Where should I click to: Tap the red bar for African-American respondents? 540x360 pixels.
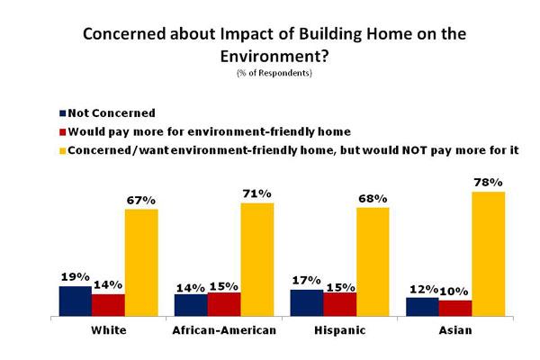(x=223, y=304)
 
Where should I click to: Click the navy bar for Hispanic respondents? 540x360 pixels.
(x=307, y=303)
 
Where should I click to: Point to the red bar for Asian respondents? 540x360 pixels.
(x=454, y=308)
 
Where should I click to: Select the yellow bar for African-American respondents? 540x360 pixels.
(x=256, y=259)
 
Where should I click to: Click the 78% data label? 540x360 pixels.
(x=488, y=183)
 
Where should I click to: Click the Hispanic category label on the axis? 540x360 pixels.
(x=341, y=330)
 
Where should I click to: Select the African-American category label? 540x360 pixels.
(x=224, y=330)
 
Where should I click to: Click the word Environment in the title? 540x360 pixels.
(x=270, y=56)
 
